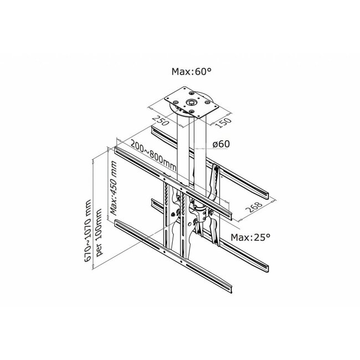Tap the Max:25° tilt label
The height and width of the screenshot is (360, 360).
coord(252,236)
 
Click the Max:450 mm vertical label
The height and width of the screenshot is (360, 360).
coord(112,188)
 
